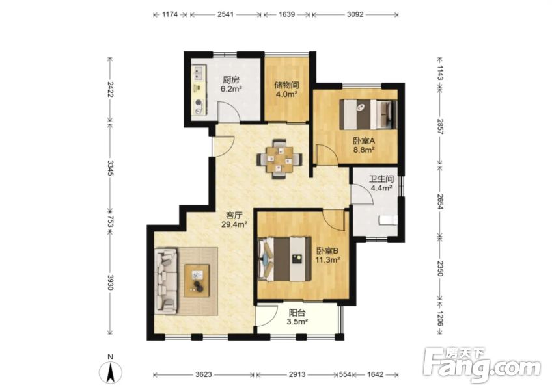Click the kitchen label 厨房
point(230,80)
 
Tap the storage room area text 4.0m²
point(286,94)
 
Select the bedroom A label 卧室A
point(364,141)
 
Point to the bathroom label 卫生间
point(381,179)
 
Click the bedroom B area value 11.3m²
point(327,260)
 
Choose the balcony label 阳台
point(297,313)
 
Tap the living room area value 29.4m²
point(234,224)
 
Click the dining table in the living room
point(279,159)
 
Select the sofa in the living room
point(166,281)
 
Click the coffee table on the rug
point(197,280)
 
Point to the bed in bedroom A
point(368,114)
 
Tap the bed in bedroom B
point(284,259)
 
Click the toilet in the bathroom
point(388,220)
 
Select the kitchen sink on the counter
point(198,73)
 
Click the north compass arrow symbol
point(111,372)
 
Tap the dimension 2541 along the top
point(225,15)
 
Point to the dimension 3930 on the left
point(110,283)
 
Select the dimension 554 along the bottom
point(344,375)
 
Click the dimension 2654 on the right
point(441,202)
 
